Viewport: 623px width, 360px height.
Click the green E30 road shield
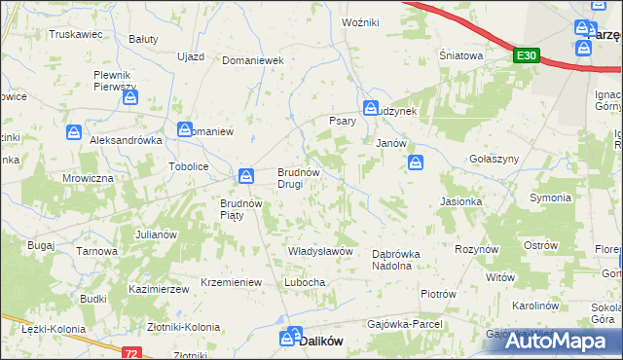(x=527, y=56)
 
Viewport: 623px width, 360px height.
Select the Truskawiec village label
(x=76, y=33)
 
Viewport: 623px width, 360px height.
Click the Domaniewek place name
(x=252, y=59)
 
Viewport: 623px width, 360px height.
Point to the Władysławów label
(x=320, y=251)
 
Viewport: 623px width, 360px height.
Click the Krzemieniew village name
(x=232, y=282)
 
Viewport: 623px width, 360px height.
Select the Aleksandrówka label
(x=125, y=140)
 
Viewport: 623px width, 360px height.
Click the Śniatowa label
(x=460, y=56)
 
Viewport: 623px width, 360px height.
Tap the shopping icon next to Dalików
(x=289, y=338)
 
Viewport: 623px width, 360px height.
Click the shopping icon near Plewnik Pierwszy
(x=130, y=98)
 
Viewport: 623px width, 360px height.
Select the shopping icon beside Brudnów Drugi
(x=247, y=175)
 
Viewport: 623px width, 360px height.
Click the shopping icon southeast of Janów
(x=416, y=162)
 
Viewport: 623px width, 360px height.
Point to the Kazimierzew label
(x=158, y=290)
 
